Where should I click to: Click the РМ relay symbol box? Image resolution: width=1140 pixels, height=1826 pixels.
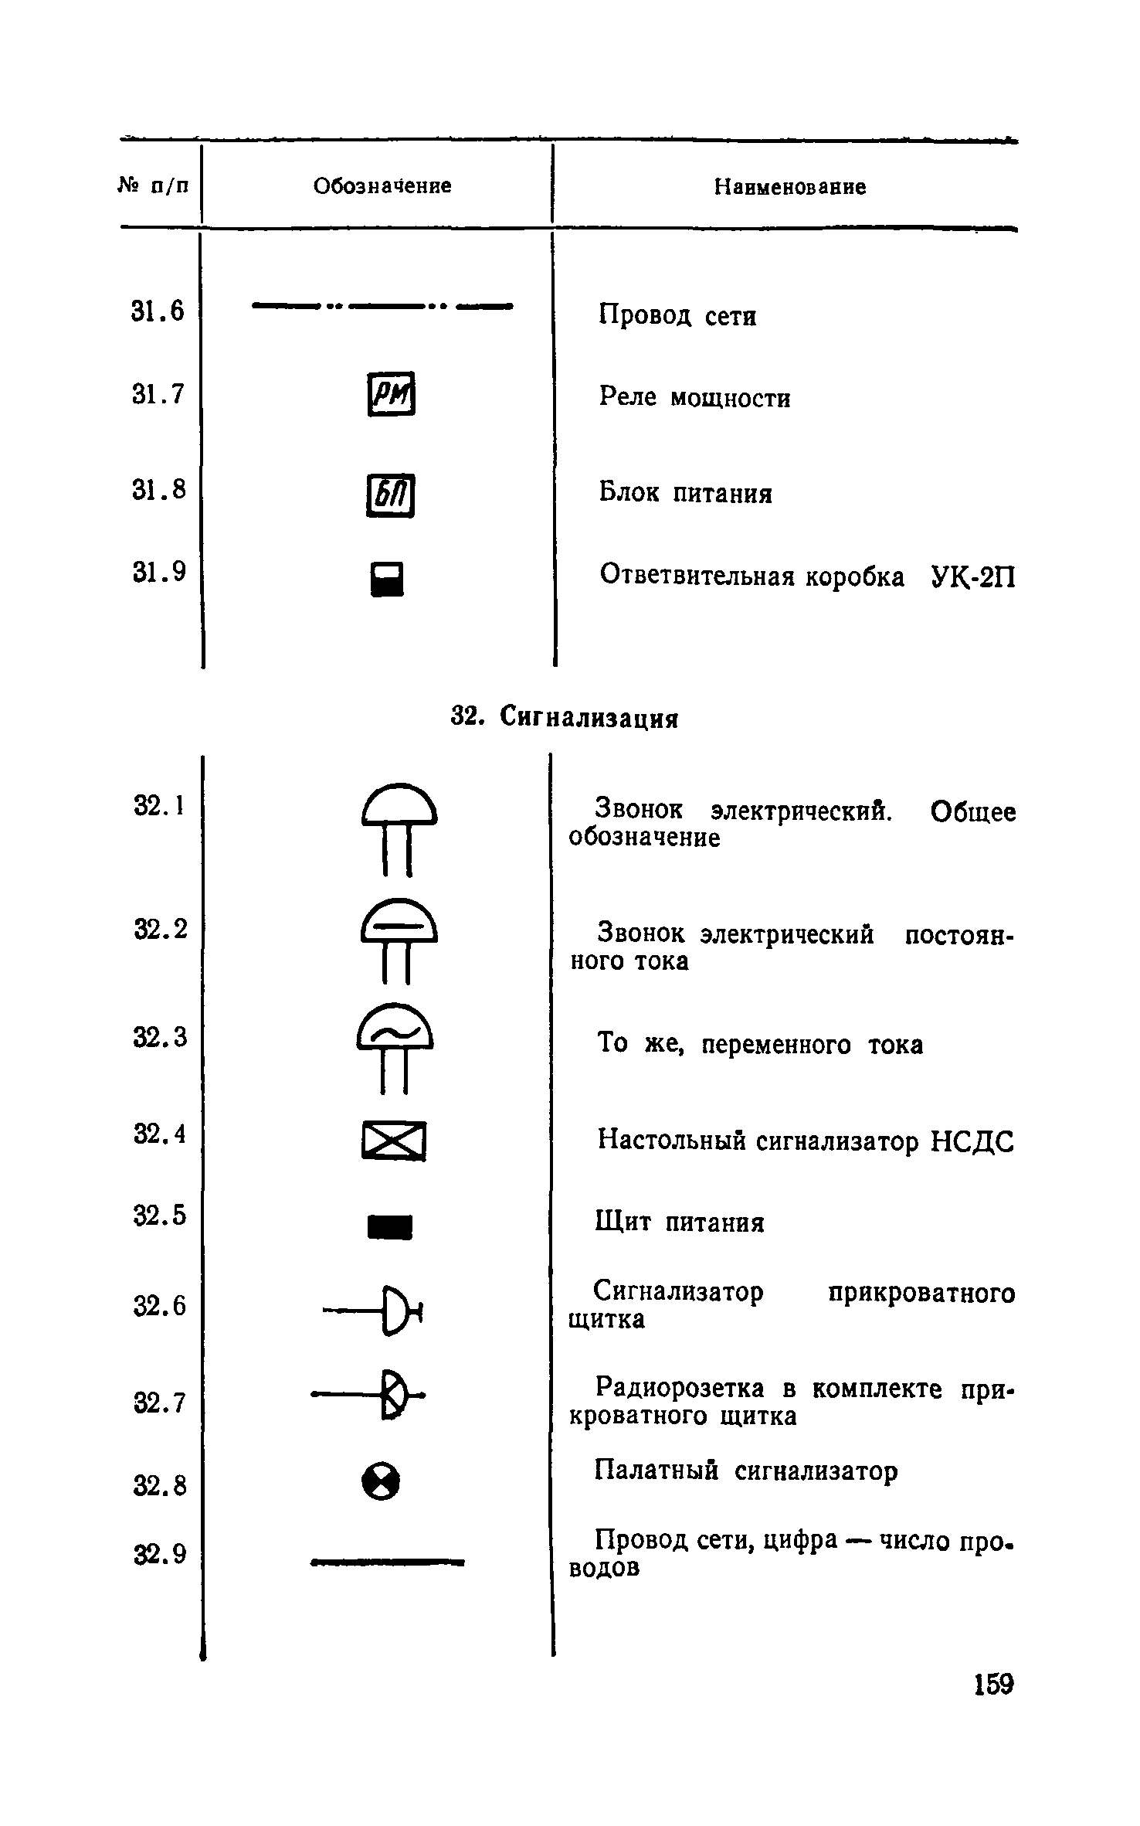click(391, 394)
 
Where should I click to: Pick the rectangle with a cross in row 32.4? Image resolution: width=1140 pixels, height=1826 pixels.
click(393, 1140)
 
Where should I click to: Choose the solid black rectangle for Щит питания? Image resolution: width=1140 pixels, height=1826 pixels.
click(390, 1226)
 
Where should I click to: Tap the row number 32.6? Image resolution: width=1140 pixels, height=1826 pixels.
click(160, 1306)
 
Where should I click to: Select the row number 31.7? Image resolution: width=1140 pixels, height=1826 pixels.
click(158, 394)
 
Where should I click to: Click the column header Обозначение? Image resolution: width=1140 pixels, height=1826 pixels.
click(382, 185)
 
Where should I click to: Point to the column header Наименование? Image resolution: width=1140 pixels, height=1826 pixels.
click(789, 187)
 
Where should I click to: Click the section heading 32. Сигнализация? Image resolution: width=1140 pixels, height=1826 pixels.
click(564, 718)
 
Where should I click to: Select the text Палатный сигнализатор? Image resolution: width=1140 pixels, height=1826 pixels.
click(746, 1471)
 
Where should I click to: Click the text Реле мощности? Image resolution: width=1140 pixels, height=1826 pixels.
click(694, 397)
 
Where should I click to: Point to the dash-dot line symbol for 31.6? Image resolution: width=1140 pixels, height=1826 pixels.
click(382, 306)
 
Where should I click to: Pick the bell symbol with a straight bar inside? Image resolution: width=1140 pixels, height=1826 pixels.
click(398, 937)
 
